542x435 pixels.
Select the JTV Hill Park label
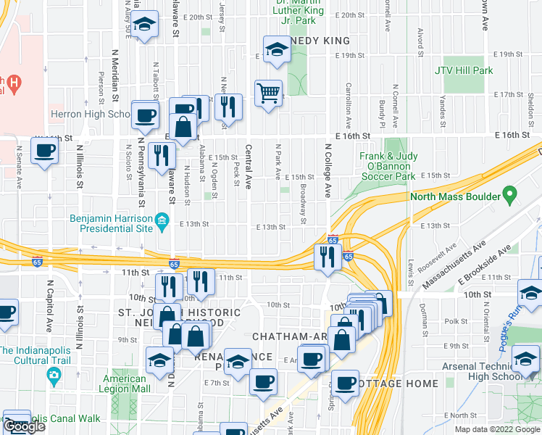[464, 70]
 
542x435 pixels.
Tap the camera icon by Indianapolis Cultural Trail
[53, 375]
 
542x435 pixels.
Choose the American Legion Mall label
[126, 384]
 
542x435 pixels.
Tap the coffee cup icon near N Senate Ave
[45, 151]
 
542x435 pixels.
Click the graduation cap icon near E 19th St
[275, 50]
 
